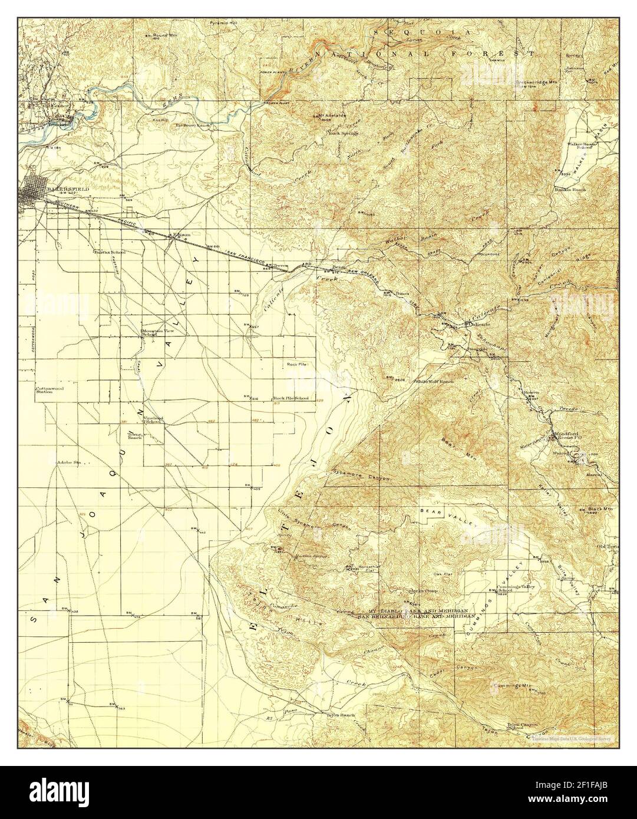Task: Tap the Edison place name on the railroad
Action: tap(181, 234)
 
